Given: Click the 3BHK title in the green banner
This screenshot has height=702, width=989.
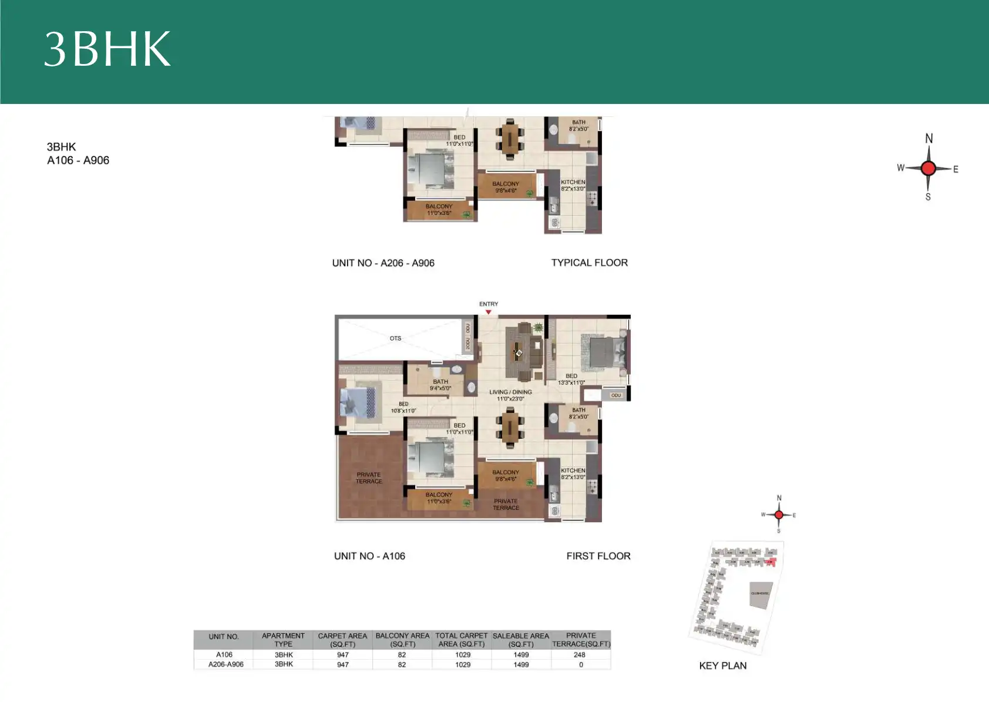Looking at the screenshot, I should pyautogui.click(x=107, y=49).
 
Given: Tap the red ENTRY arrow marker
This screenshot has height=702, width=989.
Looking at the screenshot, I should pyautogui.click(x=488, y=312).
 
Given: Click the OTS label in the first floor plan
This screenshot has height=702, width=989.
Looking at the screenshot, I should pyautogui.click(x=395, y=338).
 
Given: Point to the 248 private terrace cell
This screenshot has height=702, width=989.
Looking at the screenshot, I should pyautogui.click(x=580, y=654).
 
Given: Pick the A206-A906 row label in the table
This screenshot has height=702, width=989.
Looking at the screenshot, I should pyautogui.click(x=226, y=664).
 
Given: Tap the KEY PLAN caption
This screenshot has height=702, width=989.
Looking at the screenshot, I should pyautogui.click(x=722, y=666).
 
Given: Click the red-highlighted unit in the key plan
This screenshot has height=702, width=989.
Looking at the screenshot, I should pyautogui.click(x=771, y=562).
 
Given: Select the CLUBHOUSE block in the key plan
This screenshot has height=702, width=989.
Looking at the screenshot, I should pyautogui.click(x=759, y=594).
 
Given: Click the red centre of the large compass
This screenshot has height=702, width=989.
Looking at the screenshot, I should pyautogui.click(x=928, y=169).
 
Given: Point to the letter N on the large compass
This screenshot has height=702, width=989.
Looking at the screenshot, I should pyautogui.click(x=929, y=139).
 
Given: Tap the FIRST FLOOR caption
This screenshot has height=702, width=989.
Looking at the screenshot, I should pyautogui.click(x=598, y=556).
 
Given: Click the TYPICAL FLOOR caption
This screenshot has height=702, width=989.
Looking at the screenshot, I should pyautogui.click(x=589, y=263).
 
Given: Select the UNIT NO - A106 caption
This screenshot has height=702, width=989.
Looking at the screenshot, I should pyautogui.click(x=369, y=556).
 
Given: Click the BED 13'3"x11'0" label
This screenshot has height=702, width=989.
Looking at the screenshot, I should pyautogui.click(x=571, y=379).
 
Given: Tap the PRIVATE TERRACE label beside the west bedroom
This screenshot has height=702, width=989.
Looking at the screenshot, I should pyautogui.click(x=369, y=478).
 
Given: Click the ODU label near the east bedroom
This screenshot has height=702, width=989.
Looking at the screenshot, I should pyautogui.click(x=615, y=395).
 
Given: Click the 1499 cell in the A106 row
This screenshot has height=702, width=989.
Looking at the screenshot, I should pyautogui.click(x=521, y=654).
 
